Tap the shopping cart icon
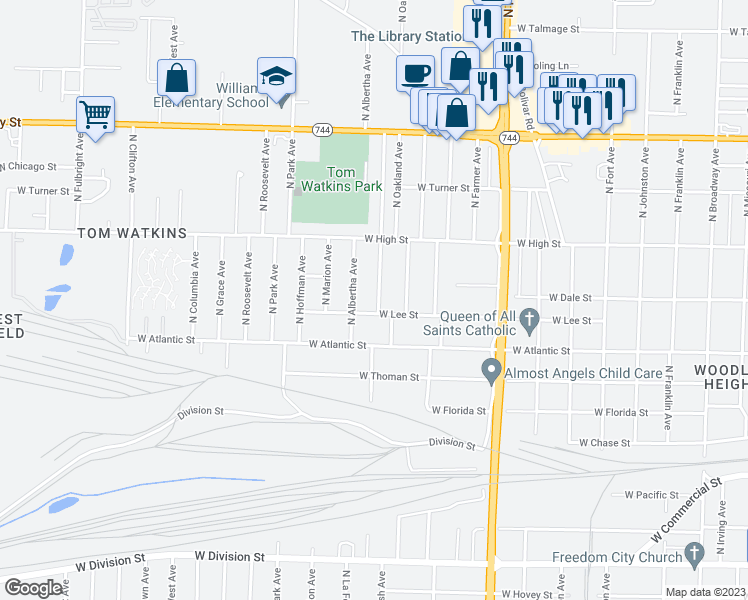[95, 114]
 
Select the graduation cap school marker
[276, 75]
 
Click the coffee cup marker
[415, 72]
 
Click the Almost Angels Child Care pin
[491, 372]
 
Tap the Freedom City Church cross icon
[696, 555]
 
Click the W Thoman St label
[389, 377]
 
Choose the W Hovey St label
[532, 594]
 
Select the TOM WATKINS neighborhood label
[132, 233]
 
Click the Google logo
[33, 587]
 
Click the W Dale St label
[570, 298]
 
